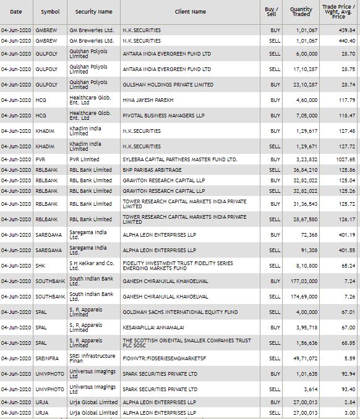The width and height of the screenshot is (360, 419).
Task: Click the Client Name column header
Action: [190, 12]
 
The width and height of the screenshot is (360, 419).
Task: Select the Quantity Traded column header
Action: [301, 12]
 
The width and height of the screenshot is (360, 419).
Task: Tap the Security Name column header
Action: [93, 12]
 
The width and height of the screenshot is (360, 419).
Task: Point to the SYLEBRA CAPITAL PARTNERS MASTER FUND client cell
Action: [171, 159]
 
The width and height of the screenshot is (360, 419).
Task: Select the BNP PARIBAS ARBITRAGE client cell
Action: [152, 169]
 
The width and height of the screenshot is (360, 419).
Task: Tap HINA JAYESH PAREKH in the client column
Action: [148, 99]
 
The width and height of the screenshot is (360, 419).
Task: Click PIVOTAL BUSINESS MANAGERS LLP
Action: [158, 115]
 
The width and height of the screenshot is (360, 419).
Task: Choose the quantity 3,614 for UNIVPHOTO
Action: [310, 389]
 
